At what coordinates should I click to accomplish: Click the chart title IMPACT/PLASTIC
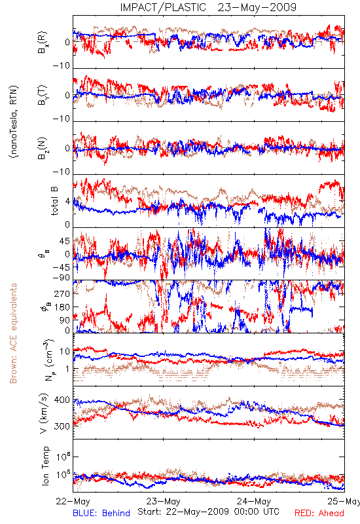coord(163,7)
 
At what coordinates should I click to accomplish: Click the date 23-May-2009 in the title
coord(257,7)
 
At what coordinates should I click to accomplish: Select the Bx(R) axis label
coord(43,42)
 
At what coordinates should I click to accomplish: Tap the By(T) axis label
coord(43,95)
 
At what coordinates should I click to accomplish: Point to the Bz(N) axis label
coord(43,148)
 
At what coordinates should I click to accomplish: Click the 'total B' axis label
coord(54,201)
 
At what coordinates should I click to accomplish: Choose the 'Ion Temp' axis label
coord(45,466)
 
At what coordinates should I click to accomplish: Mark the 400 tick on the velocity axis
coord(62,400)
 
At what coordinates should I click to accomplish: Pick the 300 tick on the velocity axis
coord(62,426)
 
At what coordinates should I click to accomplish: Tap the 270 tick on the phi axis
coord(62,293)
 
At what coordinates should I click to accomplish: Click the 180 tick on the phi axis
coord(62,307)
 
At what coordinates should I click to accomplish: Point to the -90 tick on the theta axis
coord(62,277)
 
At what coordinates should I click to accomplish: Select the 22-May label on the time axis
coord(73,501)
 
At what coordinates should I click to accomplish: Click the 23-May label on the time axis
coord(164,501)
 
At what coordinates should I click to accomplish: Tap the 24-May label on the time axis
coord(254,501)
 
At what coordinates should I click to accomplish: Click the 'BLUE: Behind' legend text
coord(101,513)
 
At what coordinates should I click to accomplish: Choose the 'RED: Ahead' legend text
coord(319,513)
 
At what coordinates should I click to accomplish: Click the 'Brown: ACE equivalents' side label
coord(13,333)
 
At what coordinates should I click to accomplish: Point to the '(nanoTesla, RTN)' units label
coord(14,122)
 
